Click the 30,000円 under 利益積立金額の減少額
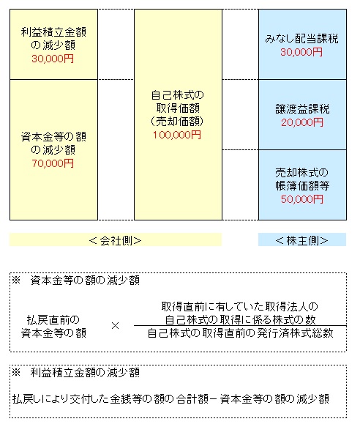pos(53,59)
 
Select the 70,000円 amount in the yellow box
pos(53,163)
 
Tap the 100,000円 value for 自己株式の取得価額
pos(177,135)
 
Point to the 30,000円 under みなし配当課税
pos(301,52)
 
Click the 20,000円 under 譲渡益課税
pos(302,122)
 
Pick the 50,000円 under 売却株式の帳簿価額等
pos(302,199)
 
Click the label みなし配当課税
pos(301,39)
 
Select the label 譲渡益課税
pos(302,109)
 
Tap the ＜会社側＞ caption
pos(115,240)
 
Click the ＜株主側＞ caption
pos(301,240)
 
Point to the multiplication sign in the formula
pos(115,325)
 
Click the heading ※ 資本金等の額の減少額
pos(75,280)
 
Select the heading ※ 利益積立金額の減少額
pos(75,372)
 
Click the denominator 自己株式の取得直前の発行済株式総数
pos(240,333)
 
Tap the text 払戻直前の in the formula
pos(53,319)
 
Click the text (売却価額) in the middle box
pos(177,121)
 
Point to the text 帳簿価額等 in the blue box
pos(302,186)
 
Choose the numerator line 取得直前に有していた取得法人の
pos(240,307)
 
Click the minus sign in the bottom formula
pos(214,399)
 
